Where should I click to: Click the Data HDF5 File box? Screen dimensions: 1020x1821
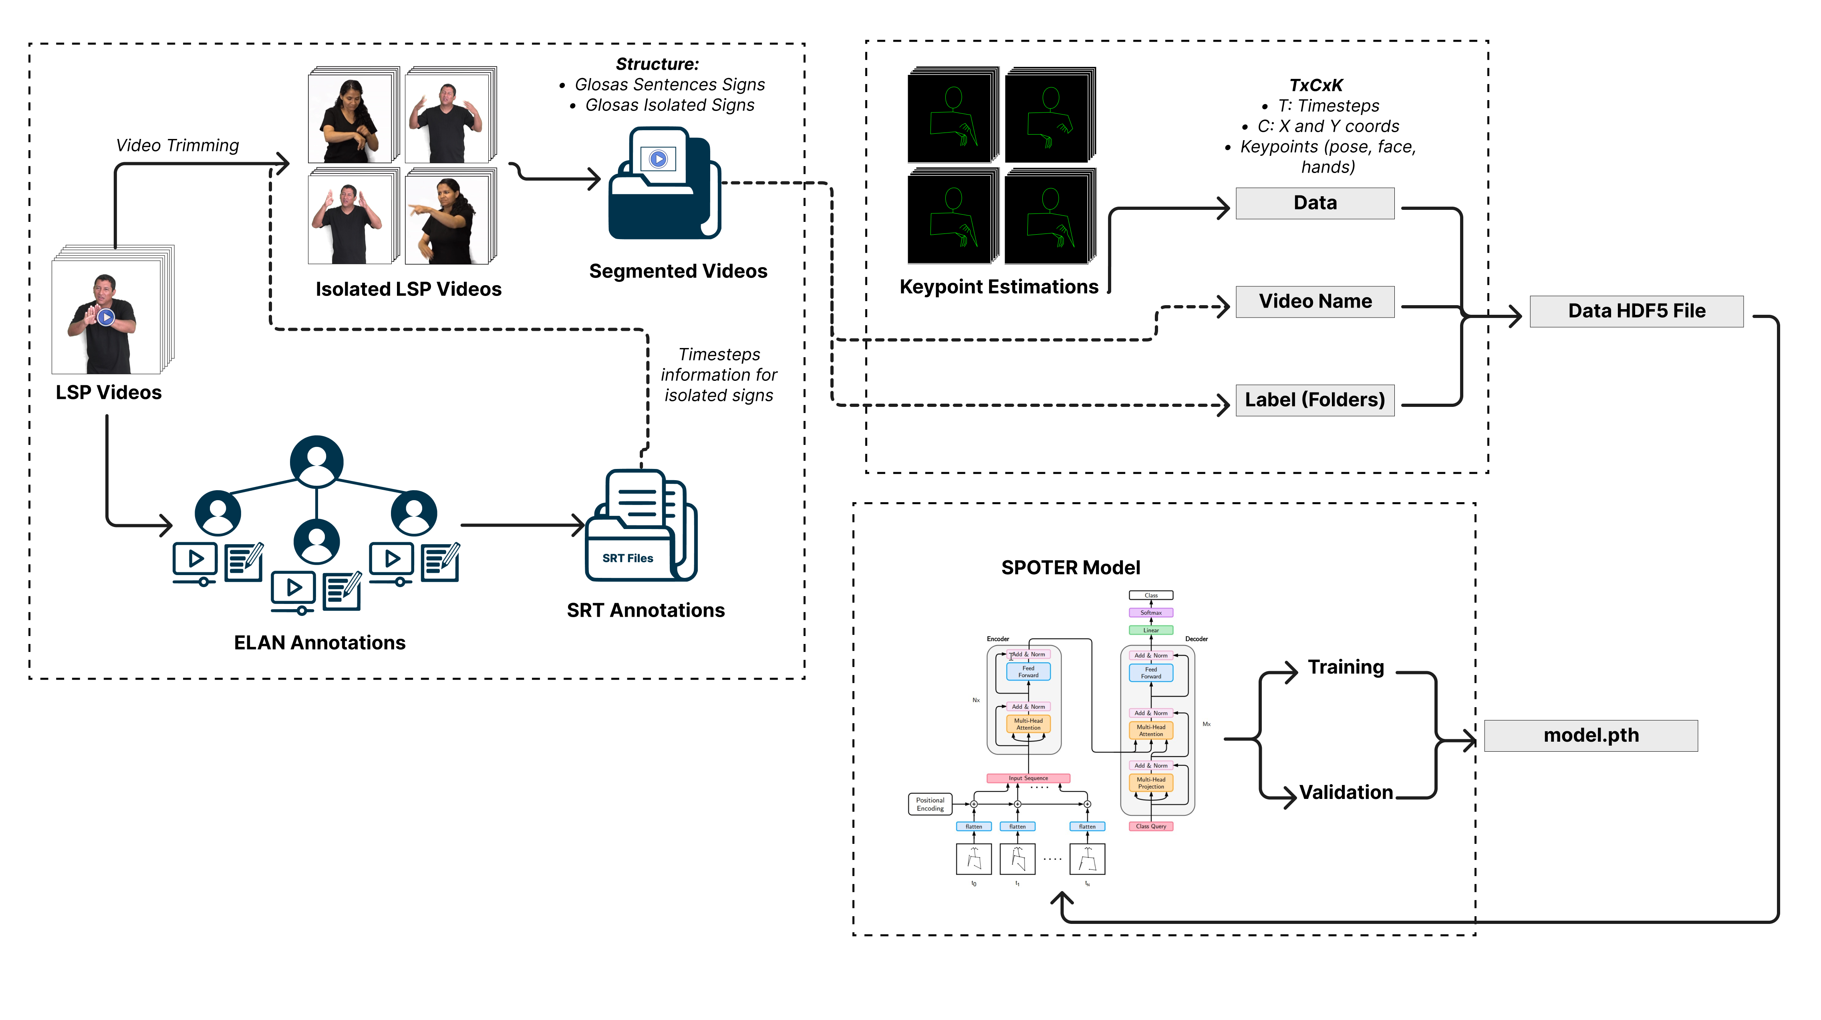[x=1636, y=311]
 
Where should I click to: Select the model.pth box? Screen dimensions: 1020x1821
[x=1591, y=735]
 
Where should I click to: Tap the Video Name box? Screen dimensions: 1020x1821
[x=1315, y=302]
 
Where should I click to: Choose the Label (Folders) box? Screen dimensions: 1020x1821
[x=1315, y=400]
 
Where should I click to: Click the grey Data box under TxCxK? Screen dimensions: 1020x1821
[x=1315, y=203]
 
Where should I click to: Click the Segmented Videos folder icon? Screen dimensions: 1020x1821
[x=663, y=184]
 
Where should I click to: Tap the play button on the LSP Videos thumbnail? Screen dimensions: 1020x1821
[x=106, y=318]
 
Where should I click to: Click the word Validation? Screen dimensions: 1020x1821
[x=1346, y=793]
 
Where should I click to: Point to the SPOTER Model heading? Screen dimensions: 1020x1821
[x=1070, y=567]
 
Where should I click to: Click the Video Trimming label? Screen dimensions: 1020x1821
[x=177, y=146]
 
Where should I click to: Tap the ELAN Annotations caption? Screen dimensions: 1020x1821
[x=320, y=642]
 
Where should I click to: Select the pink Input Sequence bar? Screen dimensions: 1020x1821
[x=1028, y=778]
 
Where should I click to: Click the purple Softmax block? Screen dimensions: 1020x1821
[x=1151, y=613]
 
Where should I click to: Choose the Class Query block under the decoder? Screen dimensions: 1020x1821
[x=1151, y=826]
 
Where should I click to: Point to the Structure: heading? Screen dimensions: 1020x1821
[x=657, y=64]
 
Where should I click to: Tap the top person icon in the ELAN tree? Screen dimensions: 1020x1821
[x=317, y=461]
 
